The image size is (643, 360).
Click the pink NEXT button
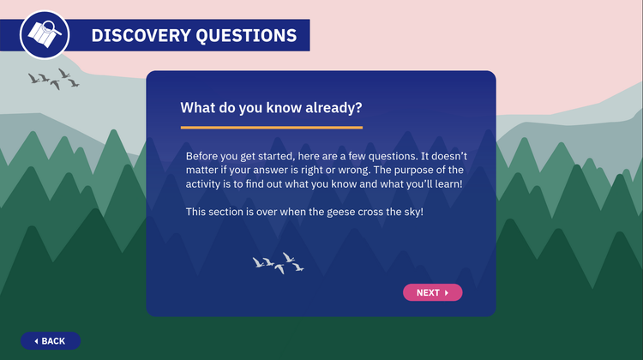432,293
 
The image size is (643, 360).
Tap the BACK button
51,341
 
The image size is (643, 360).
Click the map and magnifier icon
44,34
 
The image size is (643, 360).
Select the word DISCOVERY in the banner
139,35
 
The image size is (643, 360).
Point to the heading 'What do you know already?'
271,108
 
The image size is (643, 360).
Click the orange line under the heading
271,128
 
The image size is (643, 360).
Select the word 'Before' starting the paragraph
203,156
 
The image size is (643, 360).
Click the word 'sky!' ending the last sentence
410,212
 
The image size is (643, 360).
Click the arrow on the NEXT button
447,293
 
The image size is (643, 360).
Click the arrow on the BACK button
36,341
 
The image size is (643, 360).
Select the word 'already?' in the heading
334,108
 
